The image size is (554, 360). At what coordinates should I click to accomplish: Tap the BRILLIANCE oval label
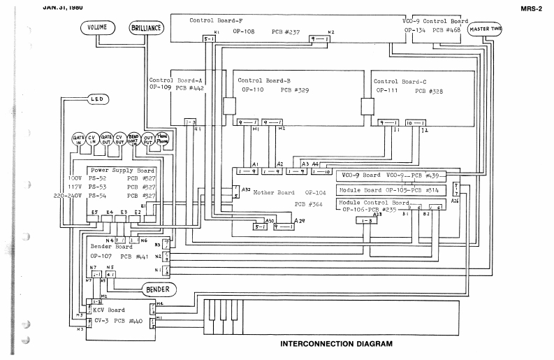(x=147, y=28)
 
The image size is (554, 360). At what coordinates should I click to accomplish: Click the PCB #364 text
(x=309, y=205)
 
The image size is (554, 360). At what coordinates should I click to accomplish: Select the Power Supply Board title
(x=122, y=170)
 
